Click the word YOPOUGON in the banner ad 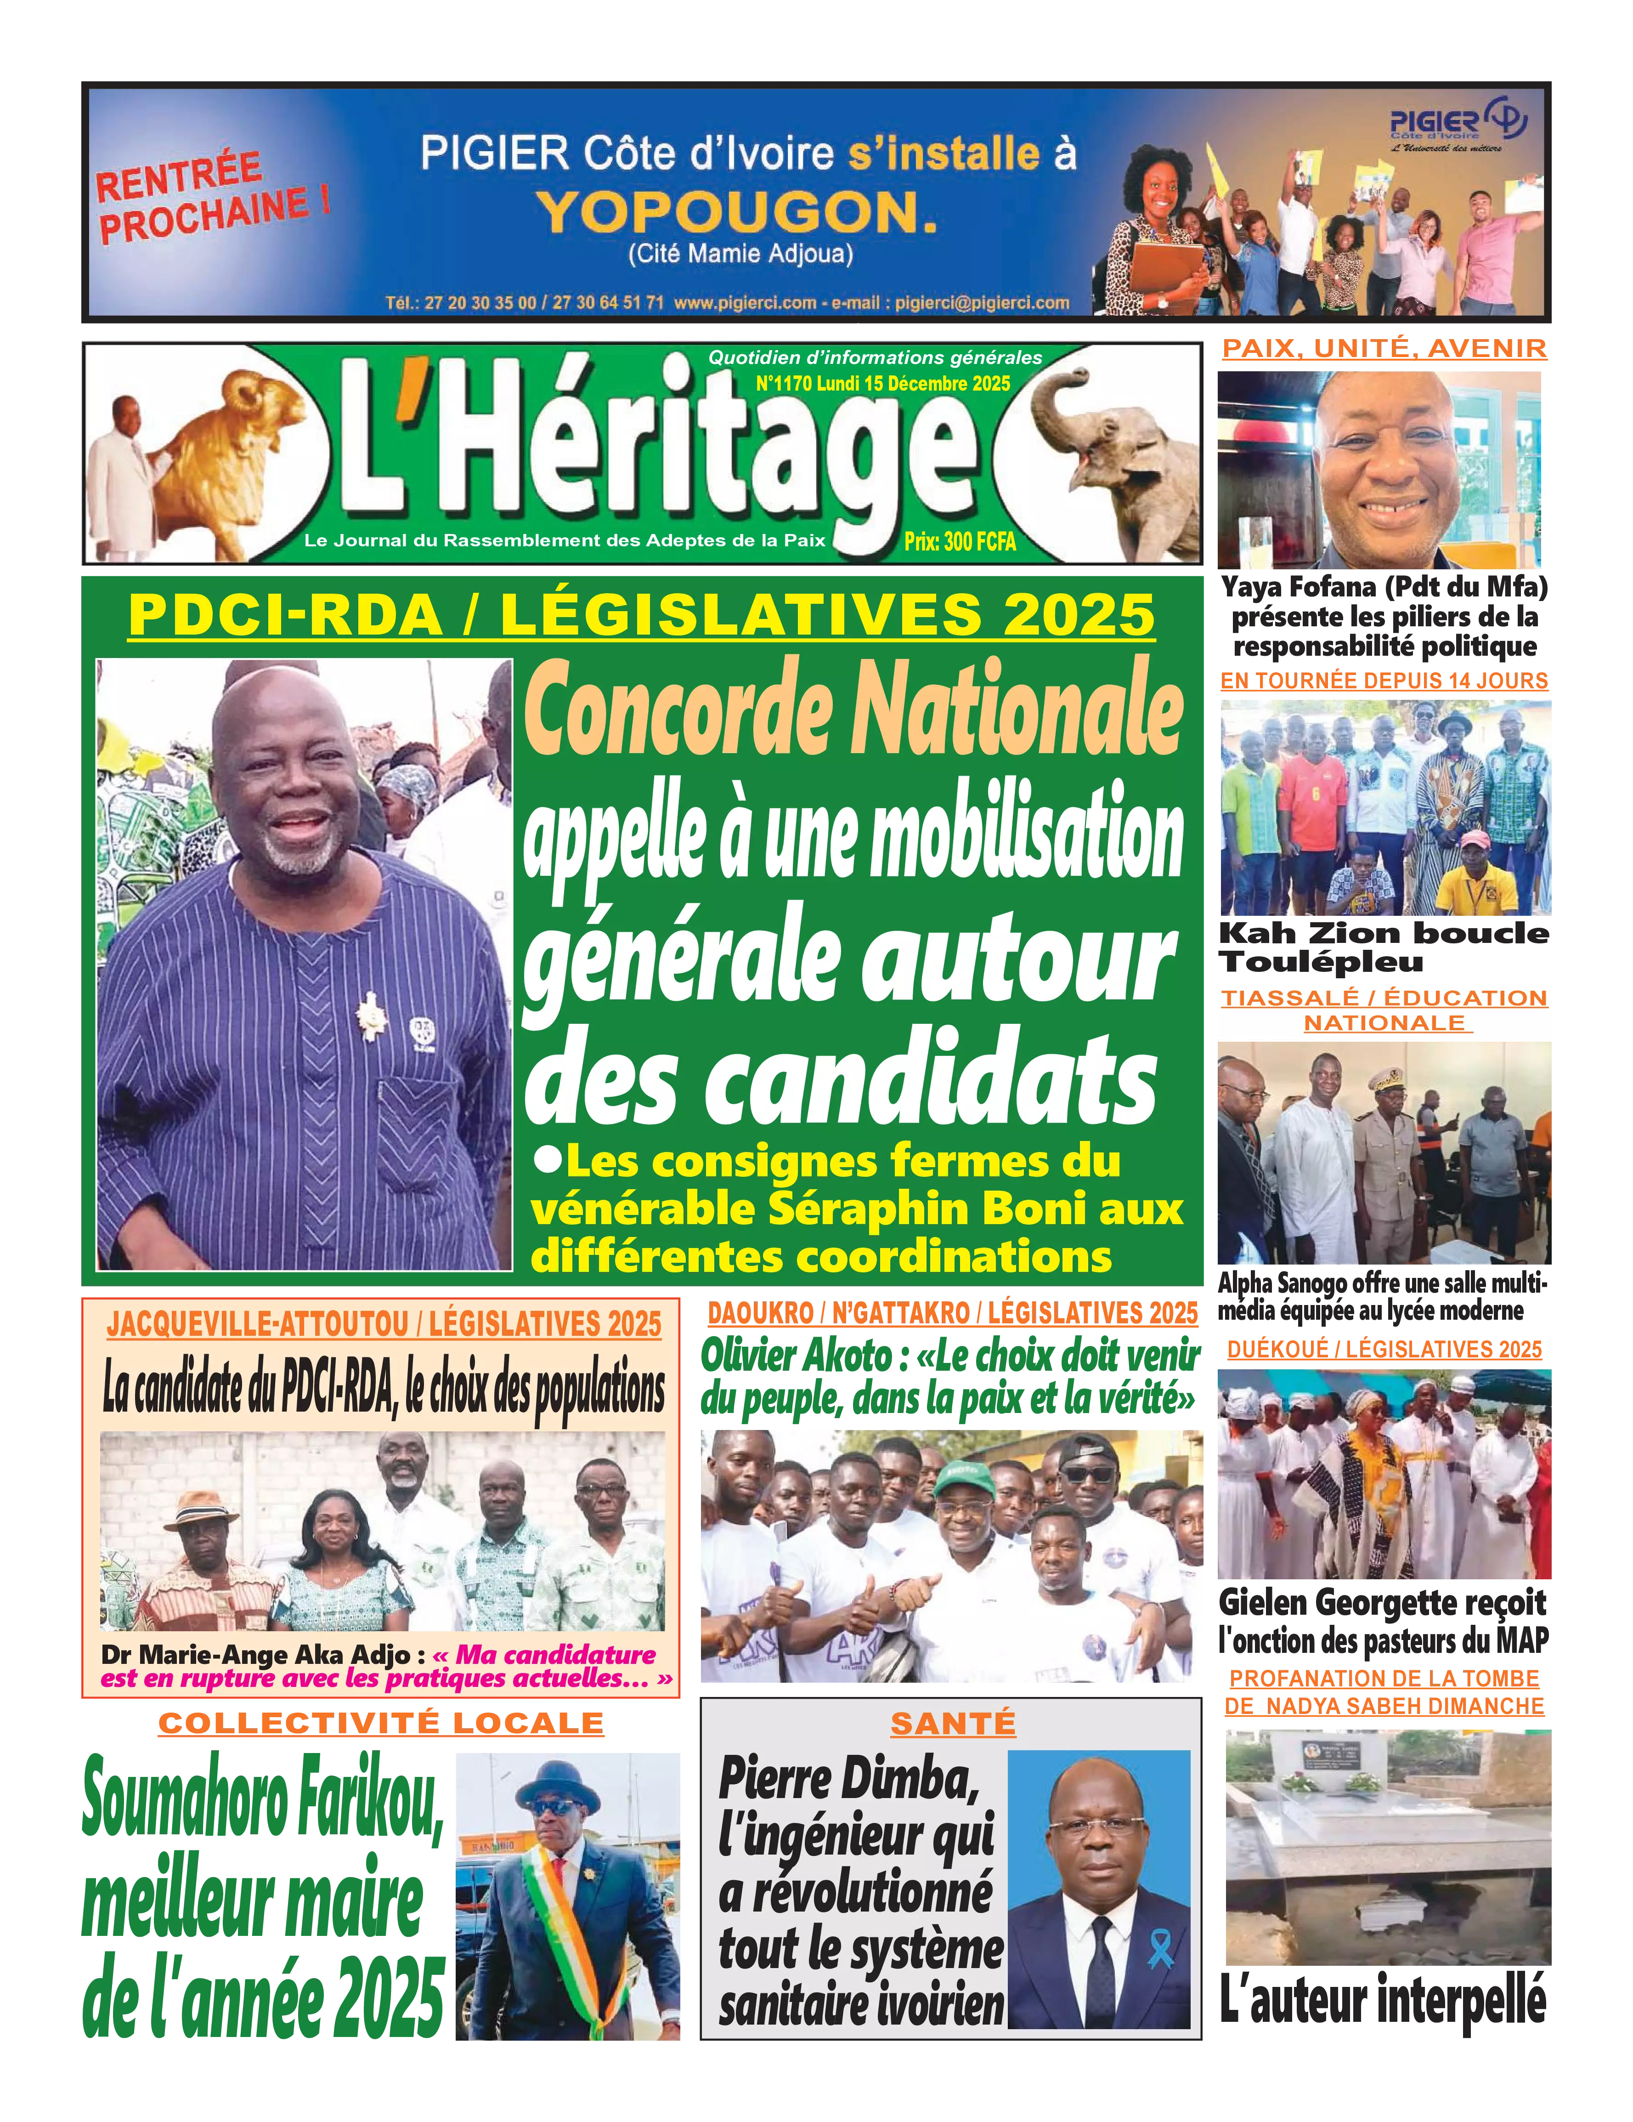pyautogui.click(x=738, y=212)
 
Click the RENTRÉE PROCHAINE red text pyautogui.click(x=212, y=197)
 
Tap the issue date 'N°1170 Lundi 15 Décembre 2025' pyautogui.click(x=882, y=384)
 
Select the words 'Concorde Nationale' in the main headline pyautogui.click(x=853, y=712)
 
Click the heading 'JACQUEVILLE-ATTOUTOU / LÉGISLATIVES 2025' pyautogui.click(x=384, y=1323)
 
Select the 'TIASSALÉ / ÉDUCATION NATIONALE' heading pyautogui.click(x=1383, y=1010)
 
